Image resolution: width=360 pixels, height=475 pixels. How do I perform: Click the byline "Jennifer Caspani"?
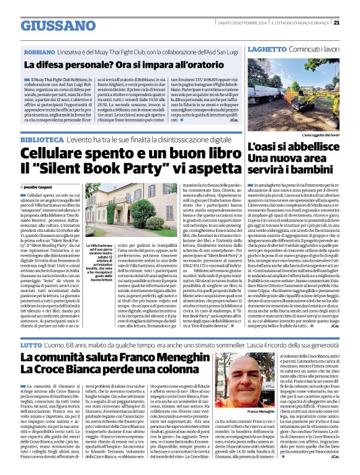point(43,186)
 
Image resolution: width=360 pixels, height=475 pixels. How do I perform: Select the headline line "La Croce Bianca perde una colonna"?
point(103,373)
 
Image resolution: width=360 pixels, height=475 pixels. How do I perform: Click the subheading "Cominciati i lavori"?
point(317,48)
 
